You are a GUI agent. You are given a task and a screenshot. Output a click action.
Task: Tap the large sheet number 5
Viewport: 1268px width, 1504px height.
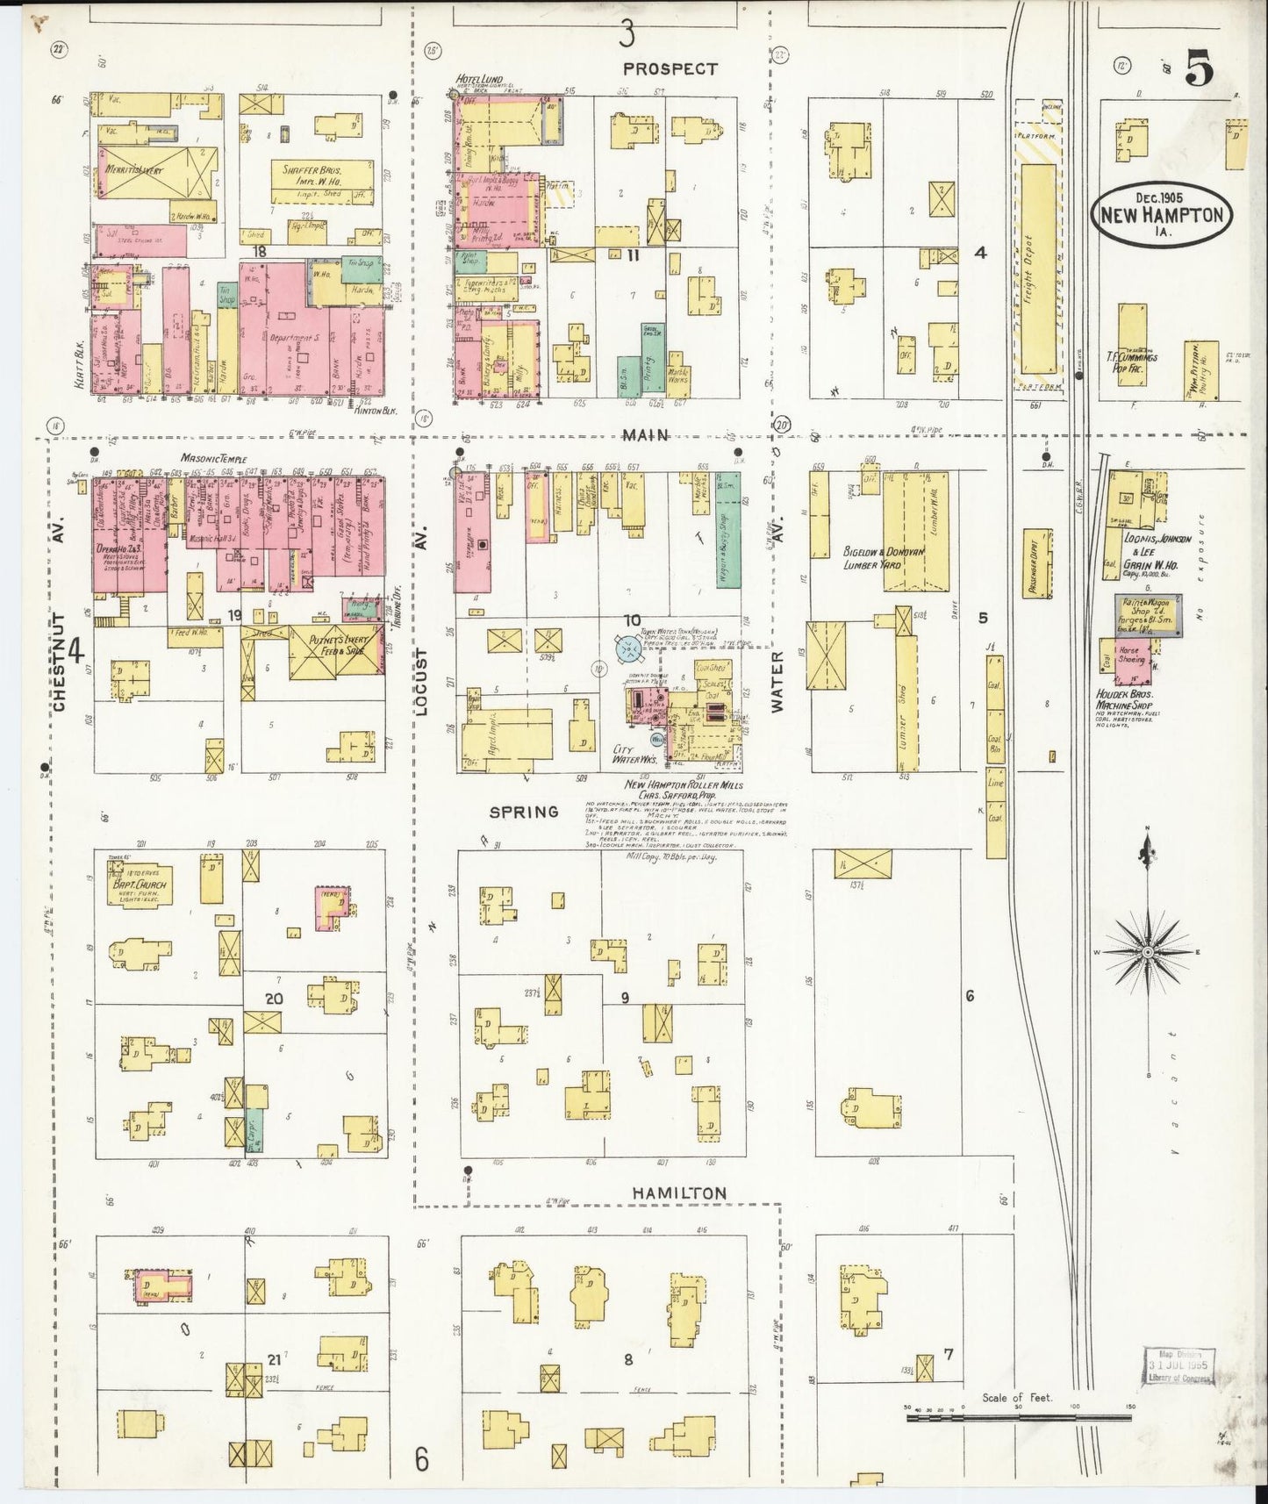(1200, 68)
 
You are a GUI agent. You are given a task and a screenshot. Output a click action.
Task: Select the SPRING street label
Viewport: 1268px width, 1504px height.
(524, 812)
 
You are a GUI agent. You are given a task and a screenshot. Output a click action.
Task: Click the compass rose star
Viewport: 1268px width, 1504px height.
(1147, 952)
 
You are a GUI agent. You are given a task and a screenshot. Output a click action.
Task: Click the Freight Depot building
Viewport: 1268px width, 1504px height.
(1038, 268)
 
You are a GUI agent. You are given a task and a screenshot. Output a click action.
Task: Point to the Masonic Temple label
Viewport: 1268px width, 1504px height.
(214, 458)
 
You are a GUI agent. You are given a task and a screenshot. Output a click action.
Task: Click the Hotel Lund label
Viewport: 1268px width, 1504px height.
(479, 80)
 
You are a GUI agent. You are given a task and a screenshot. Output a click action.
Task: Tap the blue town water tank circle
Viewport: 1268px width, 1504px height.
(628, 649)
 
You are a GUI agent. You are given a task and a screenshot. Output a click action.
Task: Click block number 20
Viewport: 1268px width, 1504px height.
(274, 998)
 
